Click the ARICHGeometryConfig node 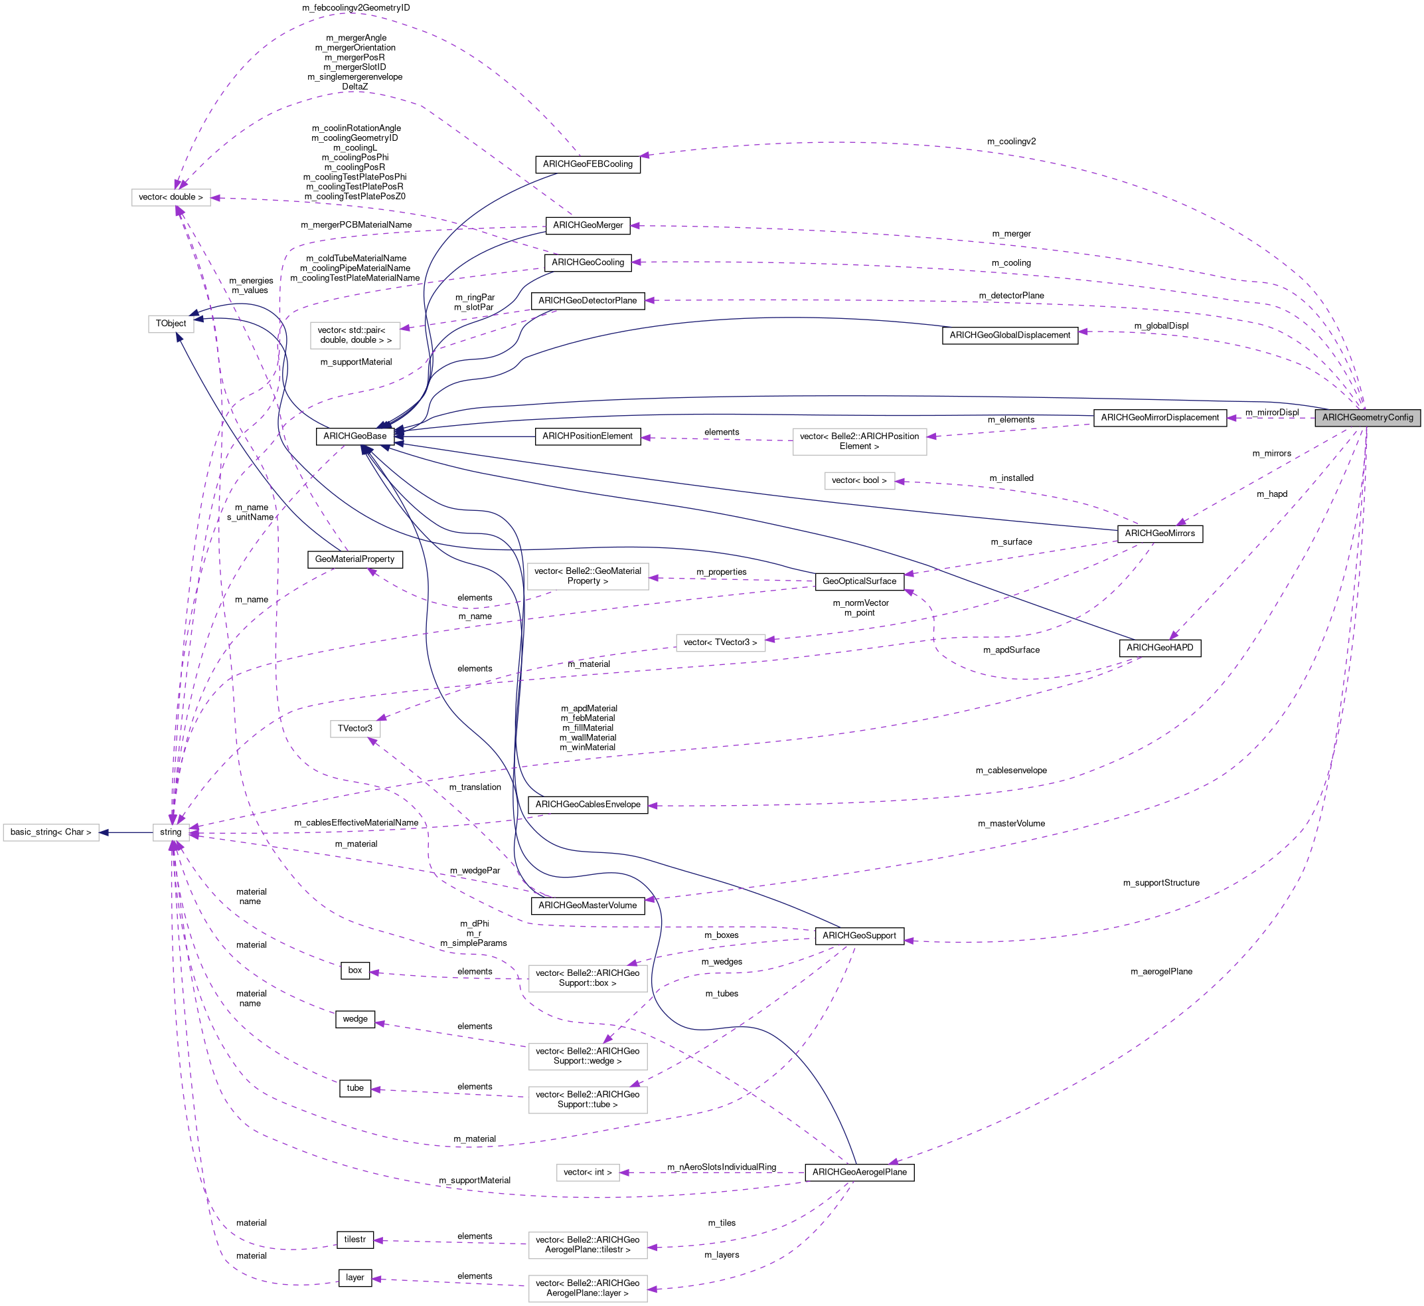click(x=1368, y=418)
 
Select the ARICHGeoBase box click(x=355, y=436)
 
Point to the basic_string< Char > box click(x=51, y=832)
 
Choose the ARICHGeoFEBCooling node click(x=588, y=164)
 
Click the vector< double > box click(x=171, y=197)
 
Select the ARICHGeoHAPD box click(x=1160, y=648)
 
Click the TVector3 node click(x=355, y=729)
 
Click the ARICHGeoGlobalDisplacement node click(x=1010, y=335)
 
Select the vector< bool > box click(x=860, y=480)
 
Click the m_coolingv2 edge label click(x=1012, y=141)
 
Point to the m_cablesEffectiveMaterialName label click(x=356, y=822)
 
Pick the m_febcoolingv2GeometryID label click(x=356, y=8)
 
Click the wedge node click(x=355, y=1019)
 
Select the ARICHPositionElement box click(x=588, y=436)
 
